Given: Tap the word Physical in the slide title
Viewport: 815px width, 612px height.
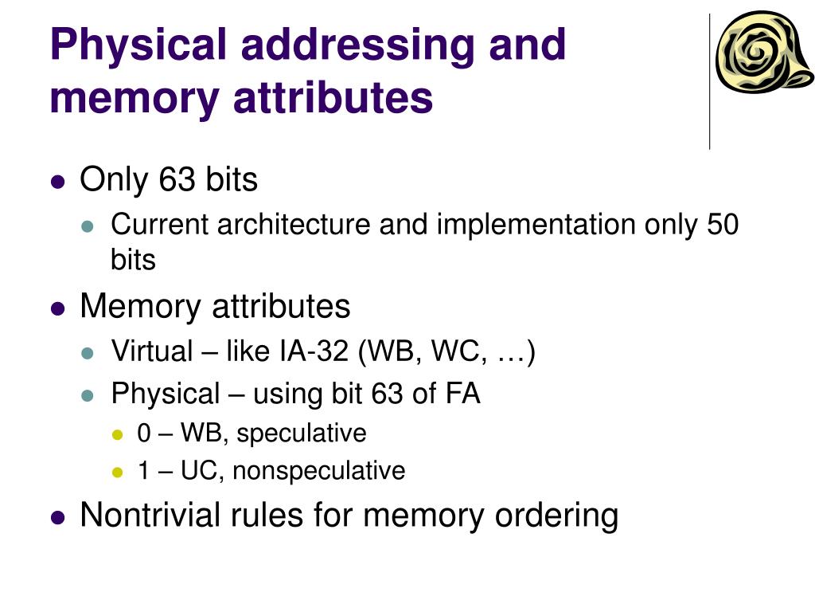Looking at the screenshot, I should coord(138,45).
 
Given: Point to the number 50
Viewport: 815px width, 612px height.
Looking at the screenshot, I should coord(723,225).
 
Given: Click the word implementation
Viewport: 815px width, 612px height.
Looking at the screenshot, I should coord(537,225).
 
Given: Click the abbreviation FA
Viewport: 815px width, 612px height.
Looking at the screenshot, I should coord(461,393).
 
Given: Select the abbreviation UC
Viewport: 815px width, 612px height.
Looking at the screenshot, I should coord(202,471).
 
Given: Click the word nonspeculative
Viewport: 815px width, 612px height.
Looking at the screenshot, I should coord(319,471).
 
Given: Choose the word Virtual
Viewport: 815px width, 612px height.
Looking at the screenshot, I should coord(152,350).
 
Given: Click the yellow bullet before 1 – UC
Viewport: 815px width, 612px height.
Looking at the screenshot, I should coord(119,473).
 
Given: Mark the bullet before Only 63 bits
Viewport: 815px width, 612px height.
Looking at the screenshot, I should coord(57,182).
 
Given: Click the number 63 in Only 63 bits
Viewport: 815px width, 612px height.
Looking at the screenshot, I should coord(177,180).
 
